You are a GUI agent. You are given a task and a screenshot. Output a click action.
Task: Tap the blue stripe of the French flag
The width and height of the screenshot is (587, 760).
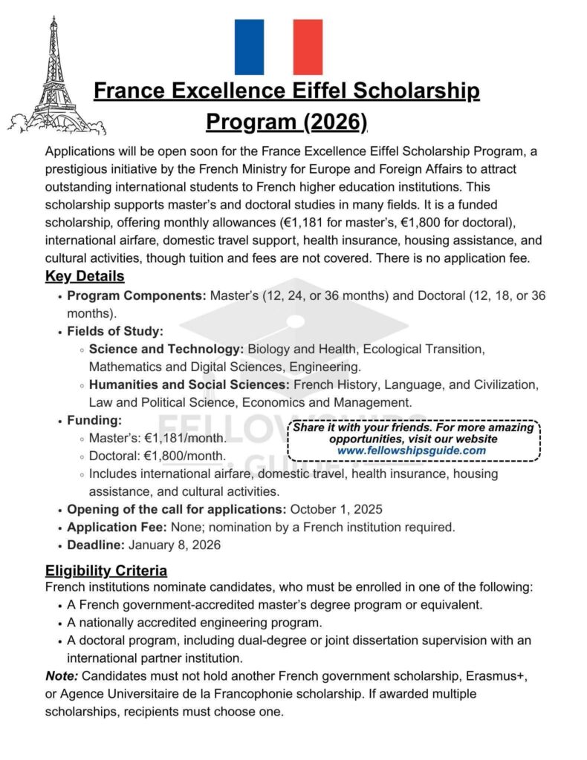(249, 47)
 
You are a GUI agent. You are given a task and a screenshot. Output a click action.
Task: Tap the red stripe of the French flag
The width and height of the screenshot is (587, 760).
(308, 47)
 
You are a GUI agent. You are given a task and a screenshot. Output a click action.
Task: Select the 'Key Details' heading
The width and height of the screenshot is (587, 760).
(85, 277)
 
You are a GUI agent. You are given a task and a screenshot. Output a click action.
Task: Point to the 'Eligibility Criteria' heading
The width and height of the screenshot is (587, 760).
(106, 571)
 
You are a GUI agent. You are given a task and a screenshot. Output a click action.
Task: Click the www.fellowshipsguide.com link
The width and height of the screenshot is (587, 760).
(412, 451)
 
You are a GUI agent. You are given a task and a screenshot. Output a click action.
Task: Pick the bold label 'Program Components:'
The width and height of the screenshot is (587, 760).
(137, 295)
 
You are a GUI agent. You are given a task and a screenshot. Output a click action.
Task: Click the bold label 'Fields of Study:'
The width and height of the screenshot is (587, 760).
(115, 331)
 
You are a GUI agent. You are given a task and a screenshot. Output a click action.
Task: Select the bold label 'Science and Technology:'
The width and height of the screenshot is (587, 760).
(166, 349)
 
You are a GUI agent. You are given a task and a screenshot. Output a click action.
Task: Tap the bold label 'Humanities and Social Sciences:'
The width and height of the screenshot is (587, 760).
(189, 385)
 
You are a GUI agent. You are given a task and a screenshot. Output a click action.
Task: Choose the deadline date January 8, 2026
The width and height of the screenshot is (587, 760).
(175, 545)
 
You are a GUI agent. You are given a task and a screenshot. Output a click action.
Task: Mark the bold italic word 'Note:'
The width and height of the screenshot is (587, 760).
(62, 676)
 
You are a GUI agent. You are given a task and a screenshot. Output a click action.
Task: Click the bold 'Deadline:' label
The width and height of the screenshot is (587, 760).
(96, 545)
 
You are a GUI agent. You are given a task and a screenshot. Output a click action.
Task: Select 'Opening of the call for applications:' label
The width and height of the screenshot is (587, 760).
(176, 509)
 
